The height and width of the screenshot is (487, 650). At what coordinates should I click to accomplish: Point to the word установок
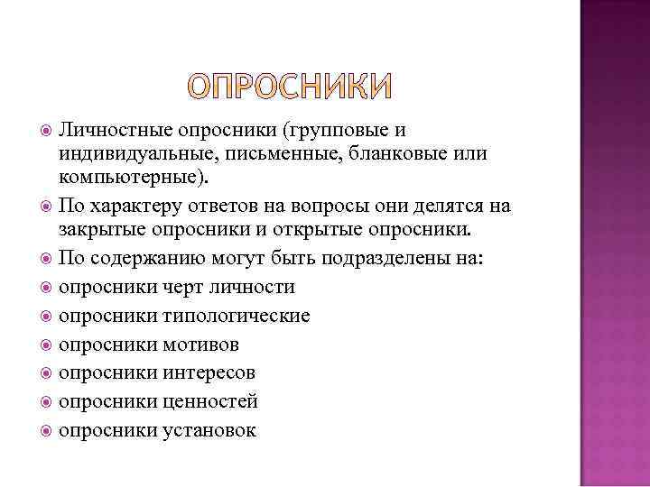210,429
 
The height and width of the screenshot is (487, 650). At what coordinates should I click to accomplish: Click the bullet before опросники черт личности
46,288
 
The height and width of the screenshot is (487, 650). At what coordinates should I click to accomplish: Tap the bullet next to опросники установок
46,429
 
